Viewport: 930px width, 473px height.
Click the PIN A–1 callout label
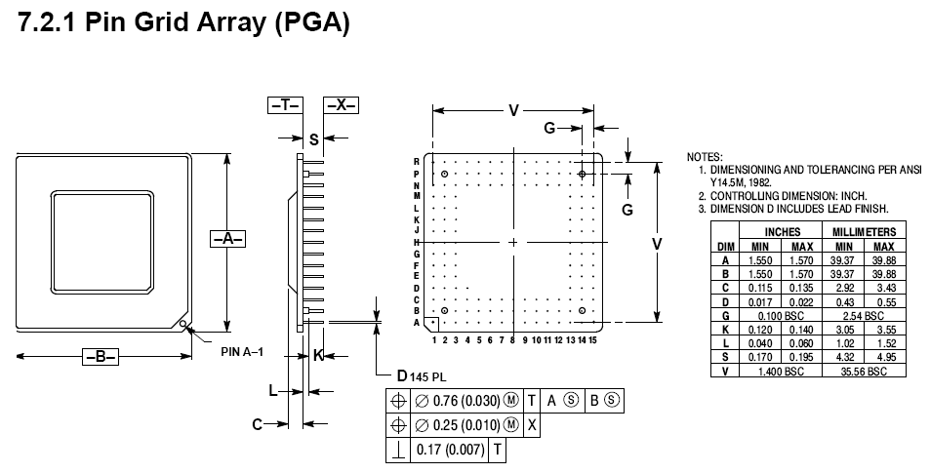244,351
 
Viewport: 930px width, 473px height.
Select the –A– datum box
227,238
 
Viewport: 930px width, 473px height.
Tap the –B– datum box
100,357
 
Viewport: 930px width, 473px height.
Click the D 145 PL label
421,376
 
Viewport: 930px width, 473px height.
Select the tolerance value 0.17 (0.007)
450,450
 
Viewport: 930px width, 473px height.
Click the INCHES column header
783,232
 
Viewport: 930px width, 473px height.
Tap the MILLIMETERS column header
864,232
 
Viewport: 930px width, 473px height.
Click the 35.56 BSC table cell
864,372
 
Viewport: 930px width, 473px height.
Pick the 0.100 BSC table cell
783,316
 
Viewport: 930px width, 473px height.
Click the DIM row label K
725,330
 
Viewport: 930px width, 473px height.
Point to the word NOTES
705,156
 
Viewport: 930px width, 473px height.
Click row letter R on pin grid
417,161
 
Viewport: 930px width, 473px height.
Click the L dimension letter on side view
275,390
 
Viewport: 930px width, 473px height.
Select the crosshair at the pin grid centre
513,242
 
